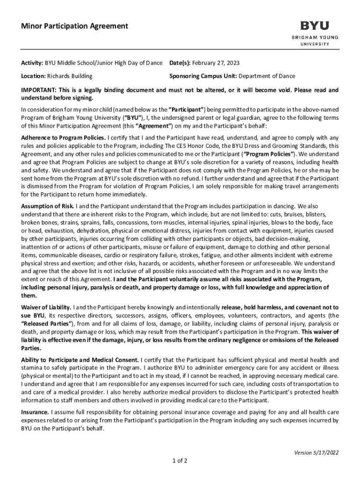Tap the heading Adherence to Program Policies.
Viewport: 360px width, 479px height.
click(x=64, y=138)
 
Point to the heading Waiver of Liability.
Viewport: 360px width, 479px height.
click(x=46, y=307)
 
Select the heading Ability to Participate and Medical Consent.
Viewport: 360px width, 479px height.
click(x=79, y=360)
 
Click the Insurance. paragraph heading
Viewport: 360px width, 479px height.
click(x=35, y=412)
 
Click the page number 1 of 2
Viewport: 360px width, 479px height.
click(x=180, y=460)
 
